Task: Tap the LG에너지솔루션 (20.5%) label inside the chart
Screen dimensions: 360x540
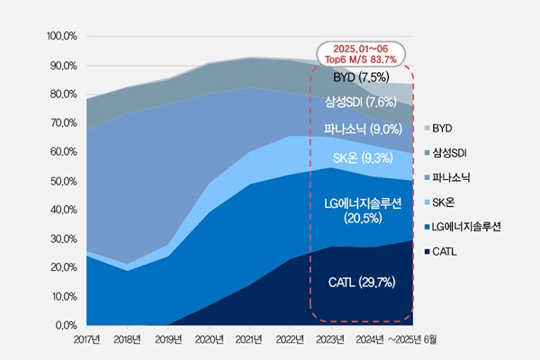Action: point(361,211)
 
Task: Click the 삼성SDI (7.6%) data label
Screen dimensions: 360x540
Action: point(361,102)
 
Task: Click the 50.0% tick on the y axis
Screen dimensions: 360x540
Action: point(60,181)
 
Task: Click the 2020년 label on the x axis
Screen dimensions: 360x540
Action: point(209,340)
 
